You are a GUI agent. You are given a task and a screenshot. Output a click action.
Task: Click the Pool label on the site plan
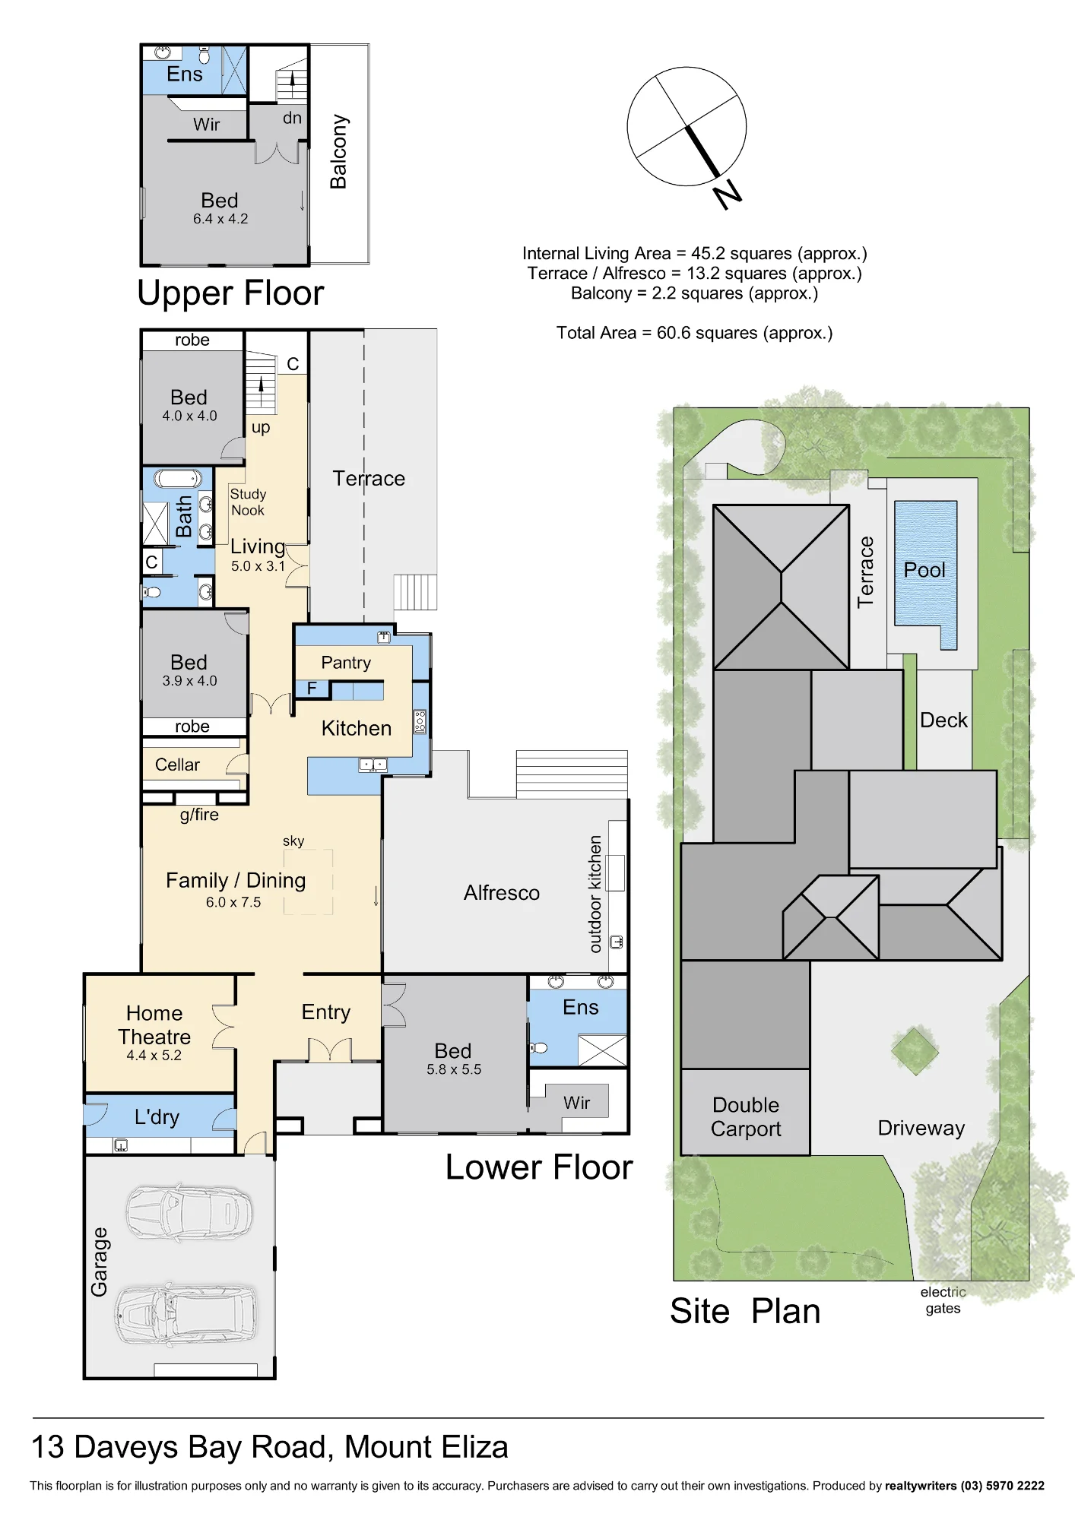[x=924, y=570]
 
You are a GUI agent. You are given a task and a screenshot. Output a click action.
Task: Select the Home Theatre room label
[x=154, y=1024]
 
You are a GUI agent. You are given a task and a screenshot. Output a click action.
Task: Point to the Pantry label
[x=346, y=663]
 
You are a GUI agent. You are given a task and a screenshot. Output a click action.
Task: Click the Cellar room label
[x=177, y=765]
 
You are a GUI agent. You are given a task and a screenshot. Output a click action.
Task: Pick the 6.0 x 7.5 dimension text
[x=233, y=902]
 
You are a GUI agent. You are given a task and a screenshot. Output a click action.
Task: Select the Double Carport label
[x=746, y=1116]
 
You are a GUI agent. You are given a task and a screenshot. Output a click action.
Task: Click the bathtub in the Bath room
[x=178, y=478]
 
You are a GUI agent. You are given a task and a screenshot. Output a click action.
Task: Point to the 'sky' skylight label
[x=293, y=841]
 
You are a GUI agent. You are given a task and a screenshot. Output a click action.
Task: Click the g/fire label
[x=199, y=815]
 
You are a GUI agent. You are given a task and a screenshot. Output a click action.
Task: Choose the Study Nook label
[x=248, y=502]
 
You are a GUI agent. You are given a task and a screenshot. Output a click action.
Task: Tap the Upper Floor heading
[x=230, y=293]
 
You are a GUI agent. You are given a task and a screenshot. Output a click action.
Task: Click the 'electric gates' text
[x=943, y=1300]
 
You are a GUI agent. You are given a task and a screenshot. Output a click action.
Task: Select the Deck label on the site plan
[x=943, y=720]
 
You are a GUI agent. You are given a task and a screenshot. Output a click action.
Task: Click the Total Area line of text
[x=694, y=333]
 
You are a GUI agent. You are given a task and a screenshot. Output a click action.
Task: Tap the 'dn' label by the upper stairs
[x=293, y=118]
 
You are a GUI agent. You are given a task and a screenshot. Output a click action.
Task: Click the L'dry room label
[x=157, y=1116]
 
